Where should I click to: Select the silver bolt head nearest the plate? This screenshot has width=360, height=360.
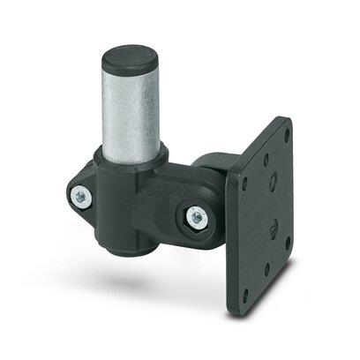[195, 217]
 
